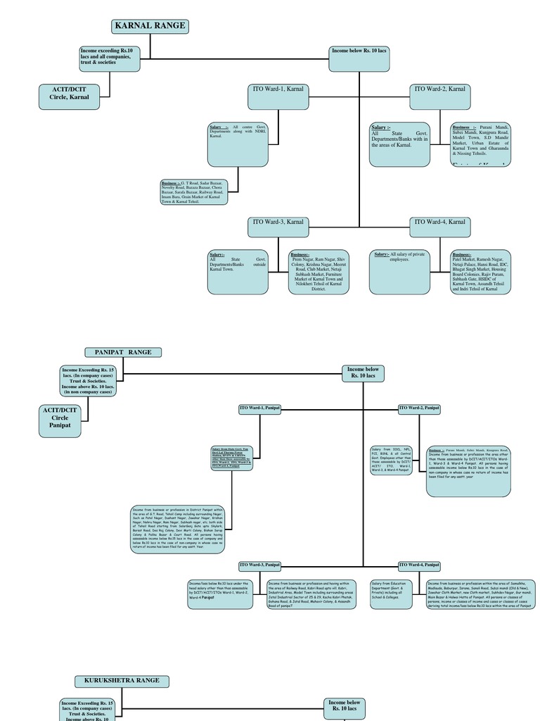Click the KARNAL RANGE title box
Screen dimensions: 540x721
tap(150, 27)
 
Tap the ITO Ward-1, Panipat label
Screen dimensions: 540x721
tap(260, 408)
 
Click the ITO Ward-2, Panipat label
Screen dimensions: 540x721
tap(419, 408)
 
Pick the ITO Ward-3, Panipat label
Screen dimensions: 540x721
tap(260, 565)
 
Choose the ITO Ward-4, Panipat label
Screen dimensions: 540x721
tap(419, 565)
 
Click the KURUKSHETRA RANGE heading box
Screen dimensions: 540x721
tap(122, 681)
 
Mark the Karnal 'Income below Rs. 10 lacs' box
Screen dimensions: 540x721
tap(360, 58)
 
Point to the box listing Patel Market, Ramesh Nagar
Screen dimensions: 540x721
tap(480, 271)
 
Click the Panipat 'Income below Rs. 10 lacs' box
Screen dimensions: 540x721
tap(364, 373)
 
